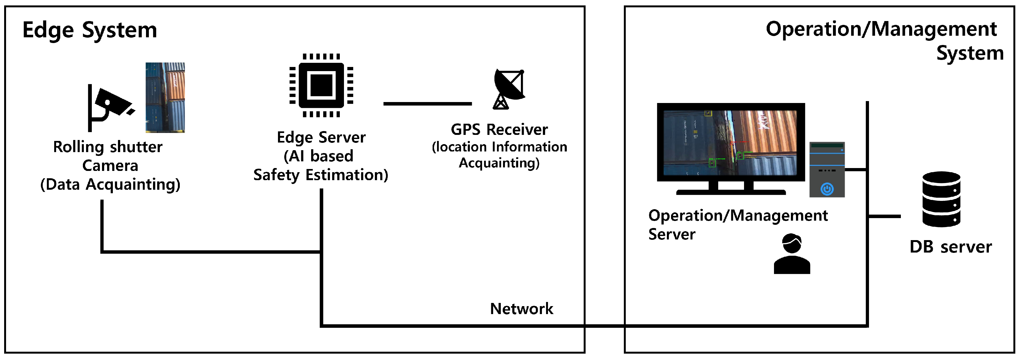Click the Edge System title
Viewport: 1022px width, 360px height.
90,30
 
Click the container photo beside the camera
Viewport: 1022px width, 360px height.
165,97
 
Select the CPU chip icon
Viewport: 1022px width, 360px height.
321,85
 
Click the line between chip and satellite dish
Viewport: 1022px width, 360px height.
427,104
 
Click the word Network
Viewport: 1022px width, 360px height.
521,309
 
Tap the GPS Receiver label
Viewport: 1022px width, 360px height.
499,130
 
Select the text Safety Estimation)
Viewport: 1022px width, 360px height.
321,175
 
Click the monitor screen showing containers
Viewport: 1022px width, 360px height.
730,142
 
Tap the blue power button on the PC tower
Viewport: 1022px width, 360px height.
827,189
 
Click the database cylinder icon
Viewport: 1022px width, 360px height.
941,199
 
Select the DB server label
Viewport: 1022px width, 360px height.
951,247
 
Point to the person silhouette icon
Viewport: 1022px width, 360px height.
792,254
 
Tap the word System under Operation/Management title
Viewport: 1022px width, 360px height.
970,53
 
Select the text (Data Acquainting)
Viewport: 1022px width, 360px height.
110,185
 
